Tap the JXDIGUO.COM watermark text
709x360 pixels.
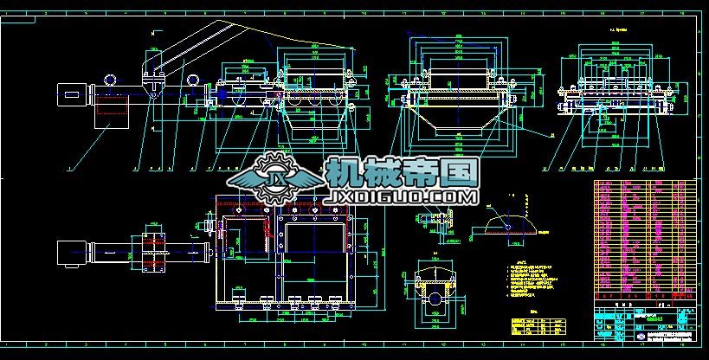coord(401,198)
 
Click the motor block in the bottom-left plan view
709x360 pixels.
coord(68,252)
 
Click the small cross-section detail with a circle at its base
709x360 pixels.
coord(436,294)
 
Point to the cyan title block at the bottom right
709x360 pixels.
coord(645,325)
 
